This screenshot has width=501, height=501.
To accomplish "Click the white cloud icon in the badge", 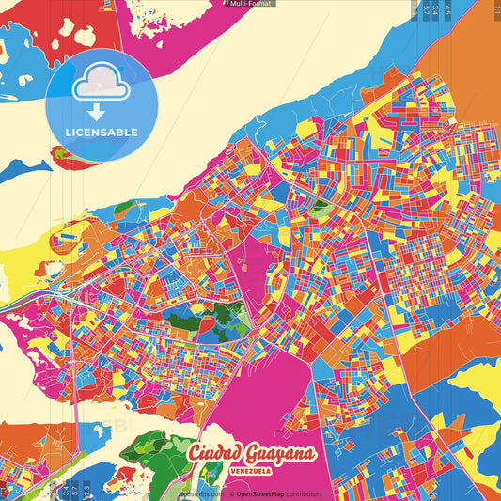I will point(101,86).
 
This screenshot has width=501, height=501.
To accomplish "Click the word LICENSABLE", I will point(101,133).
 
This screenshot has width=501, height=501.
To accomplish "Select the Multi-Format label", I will point(250,4).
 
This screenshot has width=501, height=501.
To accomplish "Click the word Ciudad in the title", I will point(218,454).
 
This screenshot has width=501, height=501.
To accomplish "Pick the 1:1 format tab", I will point(496,9).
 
